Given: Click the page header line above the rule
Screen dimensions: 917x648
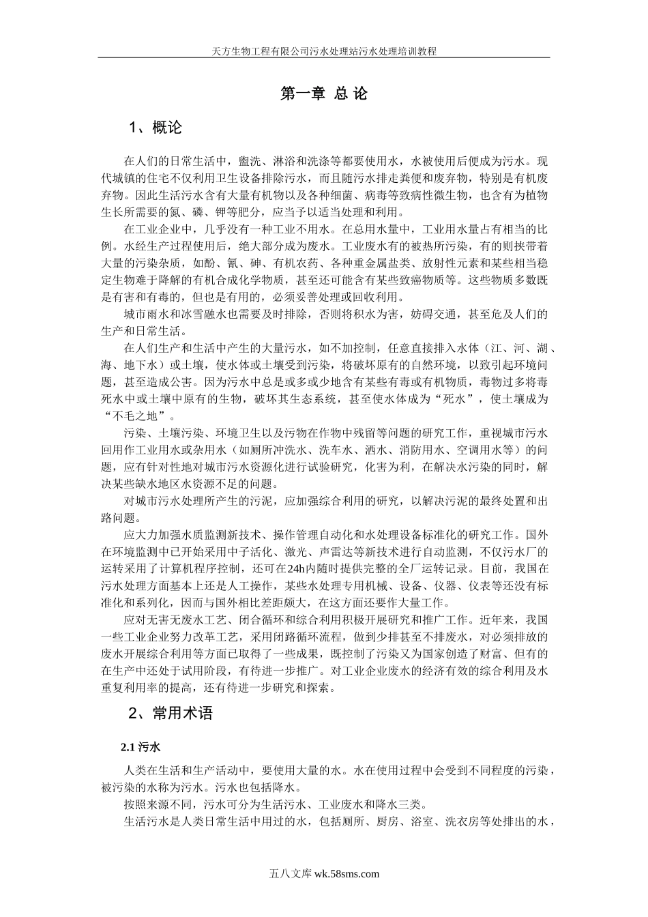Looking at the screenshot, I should coord(324,51).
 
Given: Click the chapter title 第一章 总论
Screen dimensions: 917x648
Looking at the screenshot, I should coord(324,94).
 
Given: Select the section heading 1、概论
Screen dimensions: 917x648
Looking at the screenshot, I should coord(156,128).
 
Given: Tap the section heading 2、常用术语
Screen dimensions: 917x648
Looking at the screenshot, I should coord(171,714).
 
